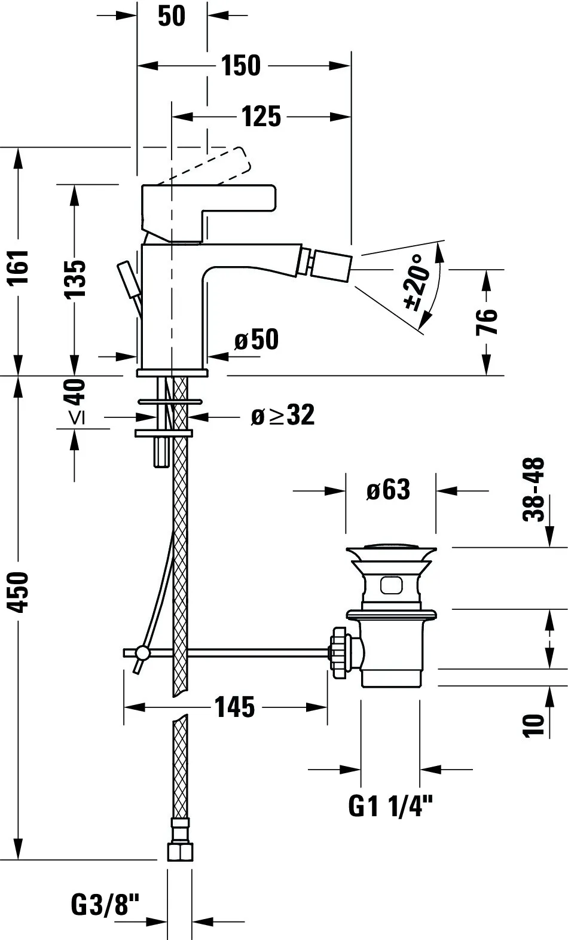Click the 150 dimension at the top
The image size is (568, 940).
241,66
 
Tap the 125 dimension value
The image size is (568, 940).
261,116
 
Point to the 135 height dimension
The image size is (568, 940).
75,279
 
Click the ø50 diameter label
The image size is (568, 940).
256,340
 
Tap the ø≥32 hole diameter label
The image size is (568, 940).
282,415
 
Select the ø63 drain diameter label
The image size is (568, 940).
388,490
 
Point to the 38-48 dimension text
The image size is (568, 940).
534,489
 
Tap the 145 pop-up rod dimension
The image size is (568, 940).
234,707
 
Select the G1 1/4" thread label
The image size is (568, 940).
390,807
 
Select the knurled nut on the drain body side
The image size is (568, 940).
339,651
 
